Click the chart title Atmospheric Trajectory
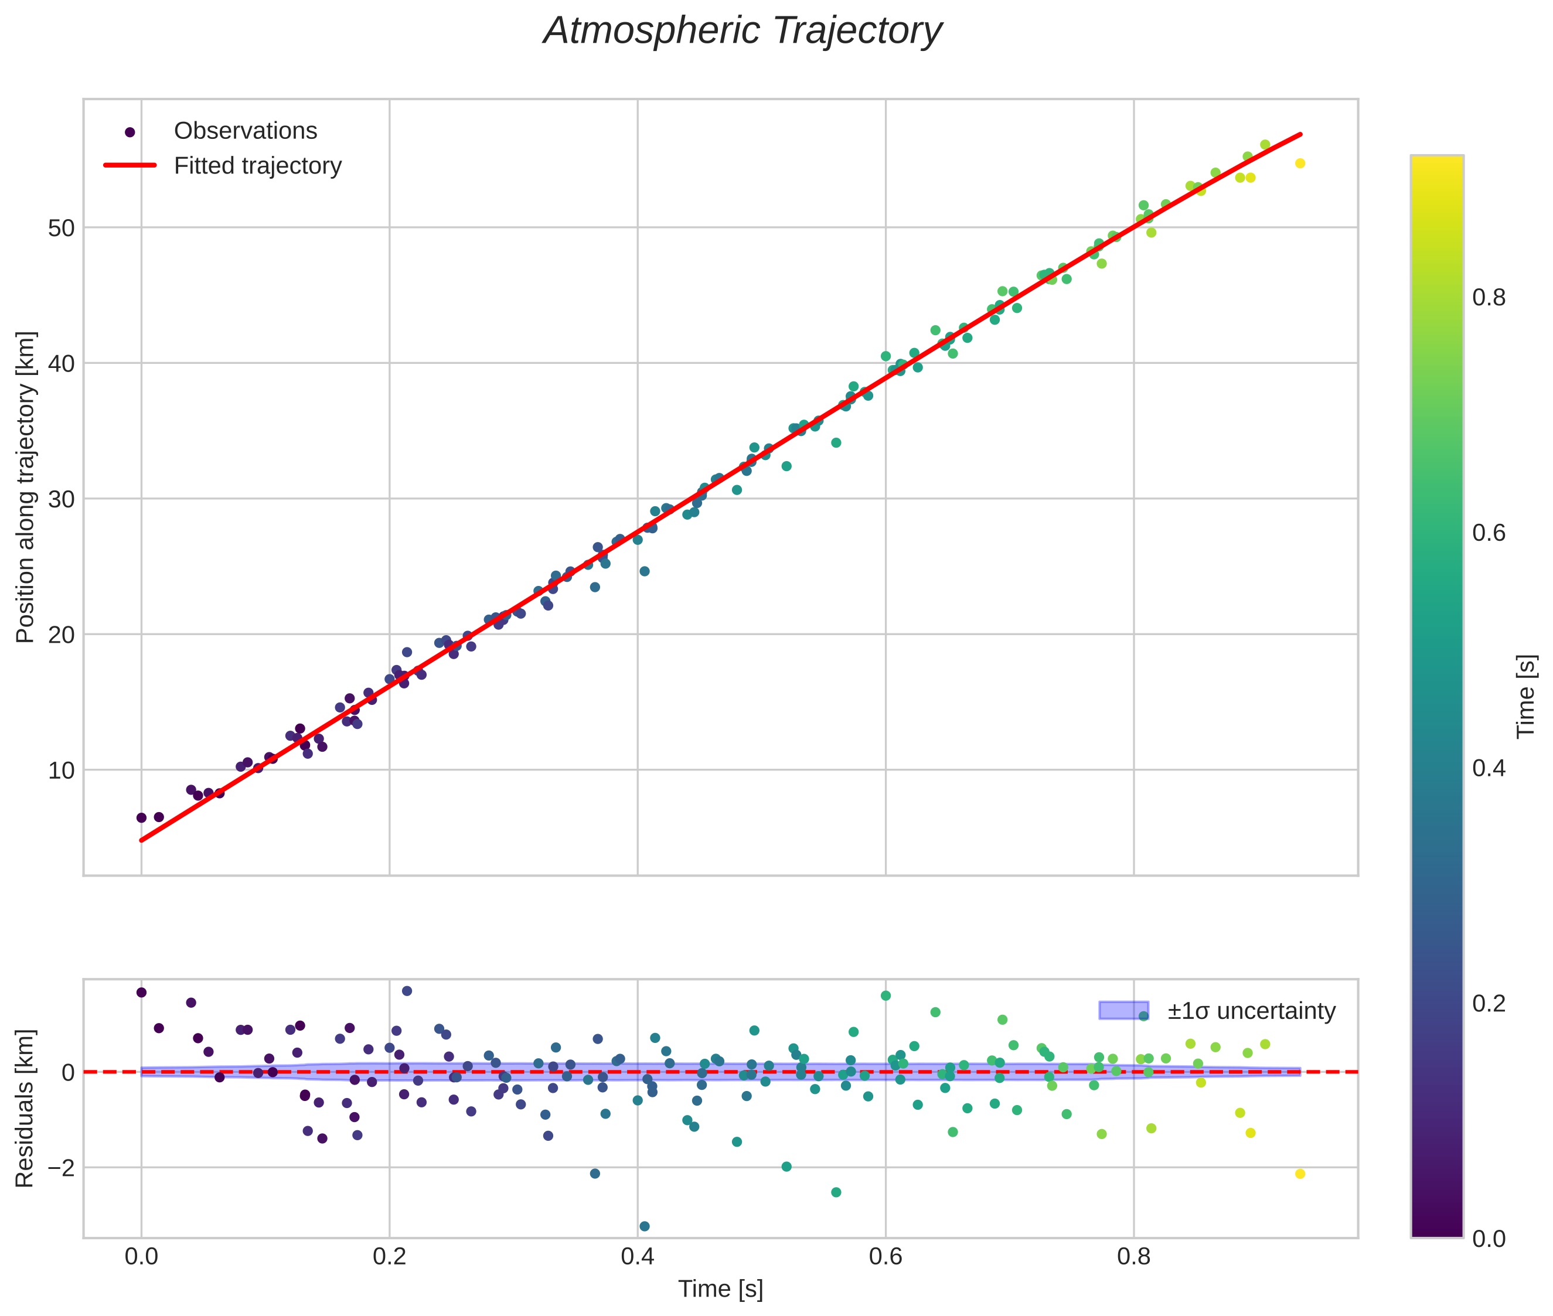(742, 31)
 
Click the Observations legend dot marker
(130, 132)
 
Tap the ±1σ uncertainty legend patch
(1123, 1010)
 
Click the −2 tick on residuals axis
(57, 1168)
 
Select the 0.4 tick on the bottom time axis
(638, 1257)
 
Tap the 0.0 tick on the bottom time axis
(141, 1257)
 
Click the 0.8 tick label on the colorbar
(1489, 298)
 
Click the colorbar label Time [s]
(1527, 695)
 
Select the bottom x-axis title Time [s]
(720, 1289)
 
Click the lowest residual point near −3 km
(644, 1226)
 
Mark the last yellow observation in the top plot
(1300, 163)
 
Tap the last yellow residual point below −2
(1300, 1174)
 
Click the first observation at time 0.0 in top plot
(141, 817)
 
